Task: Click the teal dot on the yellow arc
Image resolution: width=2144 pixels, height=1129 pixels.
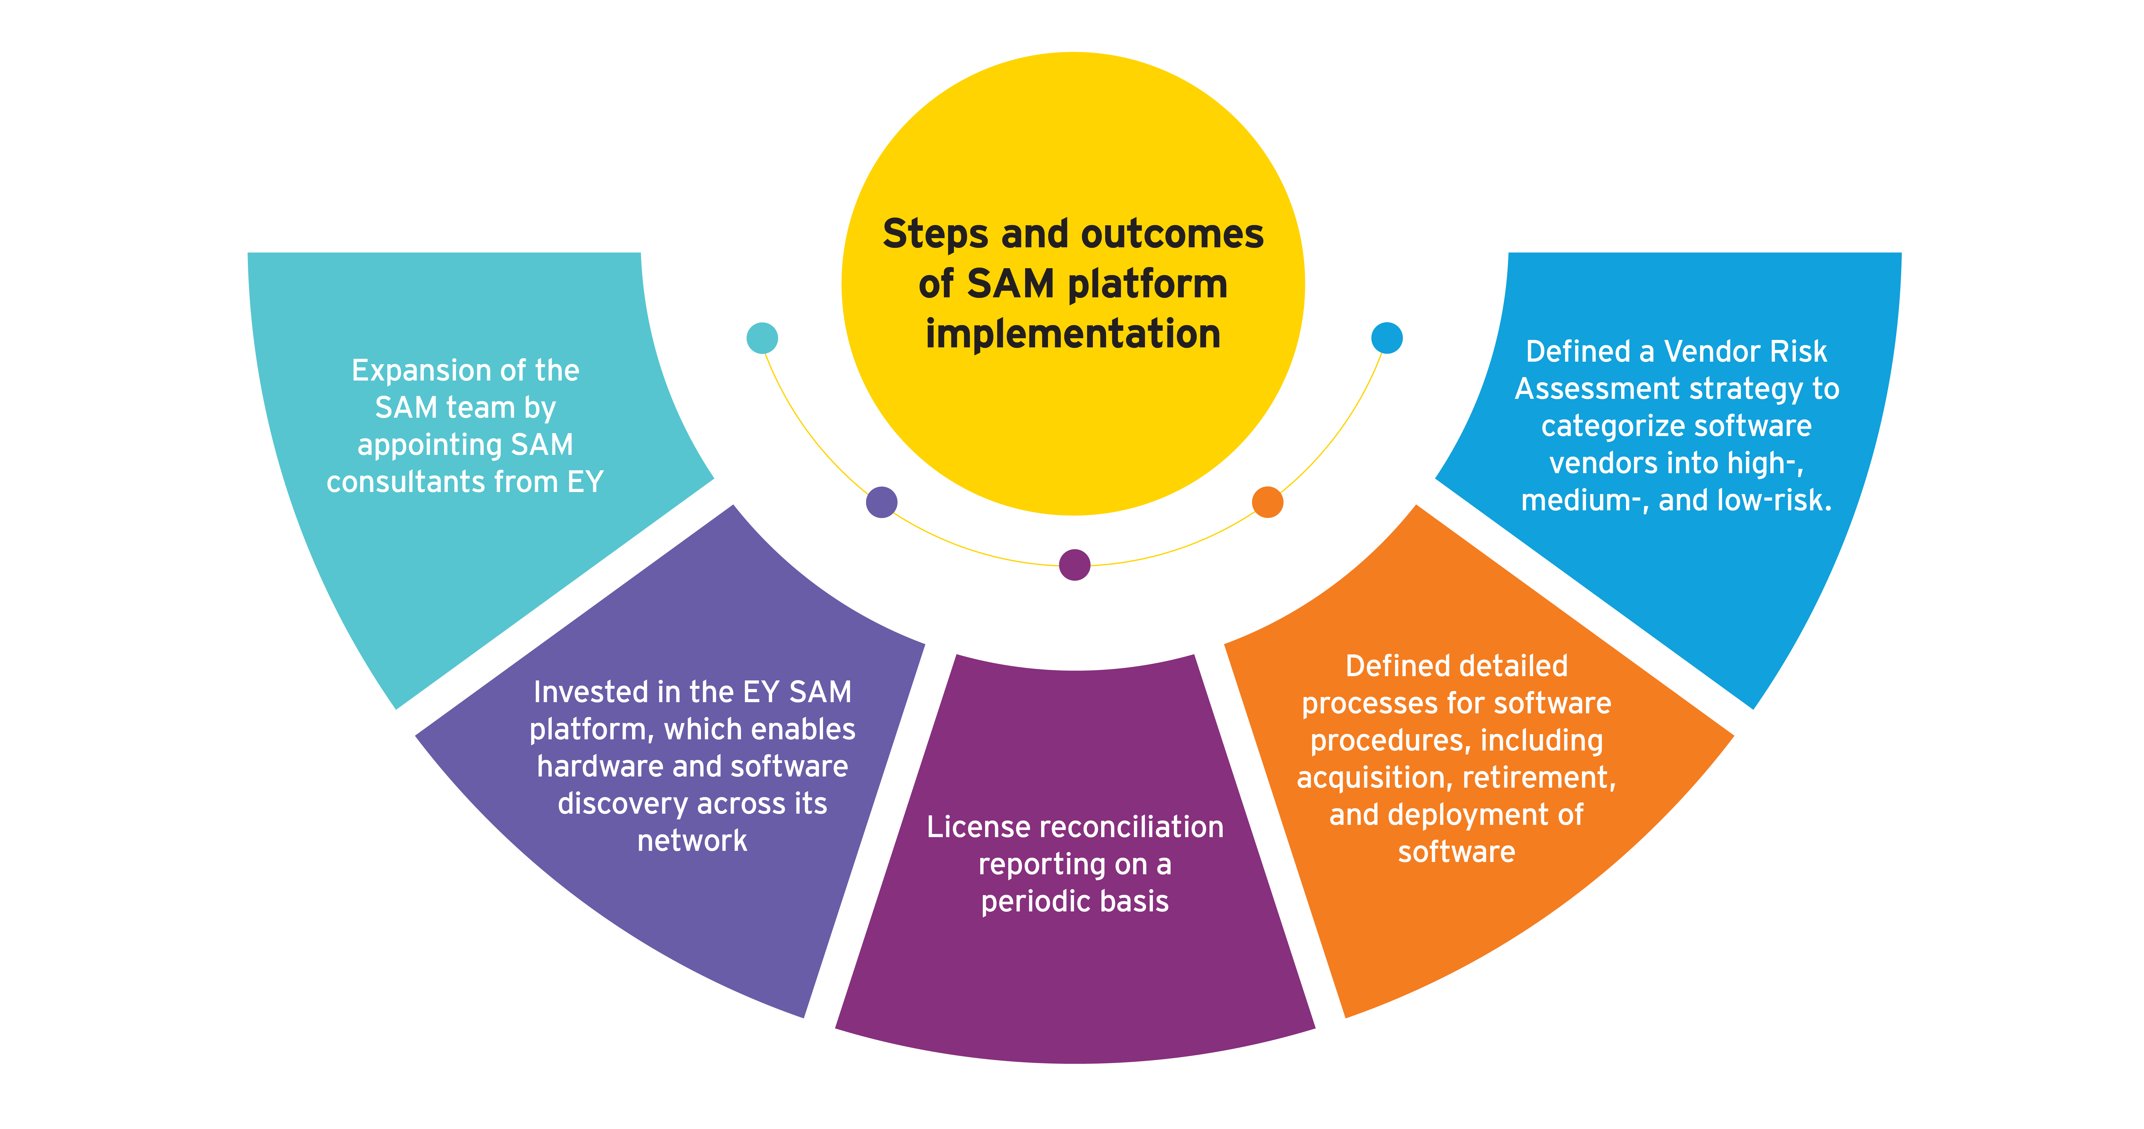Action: (762, 338)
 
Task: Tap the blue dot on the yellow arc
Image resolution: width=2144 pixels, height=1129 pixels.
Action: (1387, 338)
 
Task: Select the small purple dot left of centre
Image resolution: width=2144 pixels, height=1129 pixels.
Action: (881, 502)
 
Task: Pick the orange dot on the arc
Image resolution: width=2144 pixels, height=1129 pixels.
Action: (1267, 502)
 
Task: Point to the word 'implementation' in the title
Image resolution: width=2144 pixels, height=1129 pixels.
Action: (1073, 334)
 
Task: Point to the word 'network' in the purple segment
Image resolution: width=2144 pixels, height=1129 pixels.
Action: (692, 841)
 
